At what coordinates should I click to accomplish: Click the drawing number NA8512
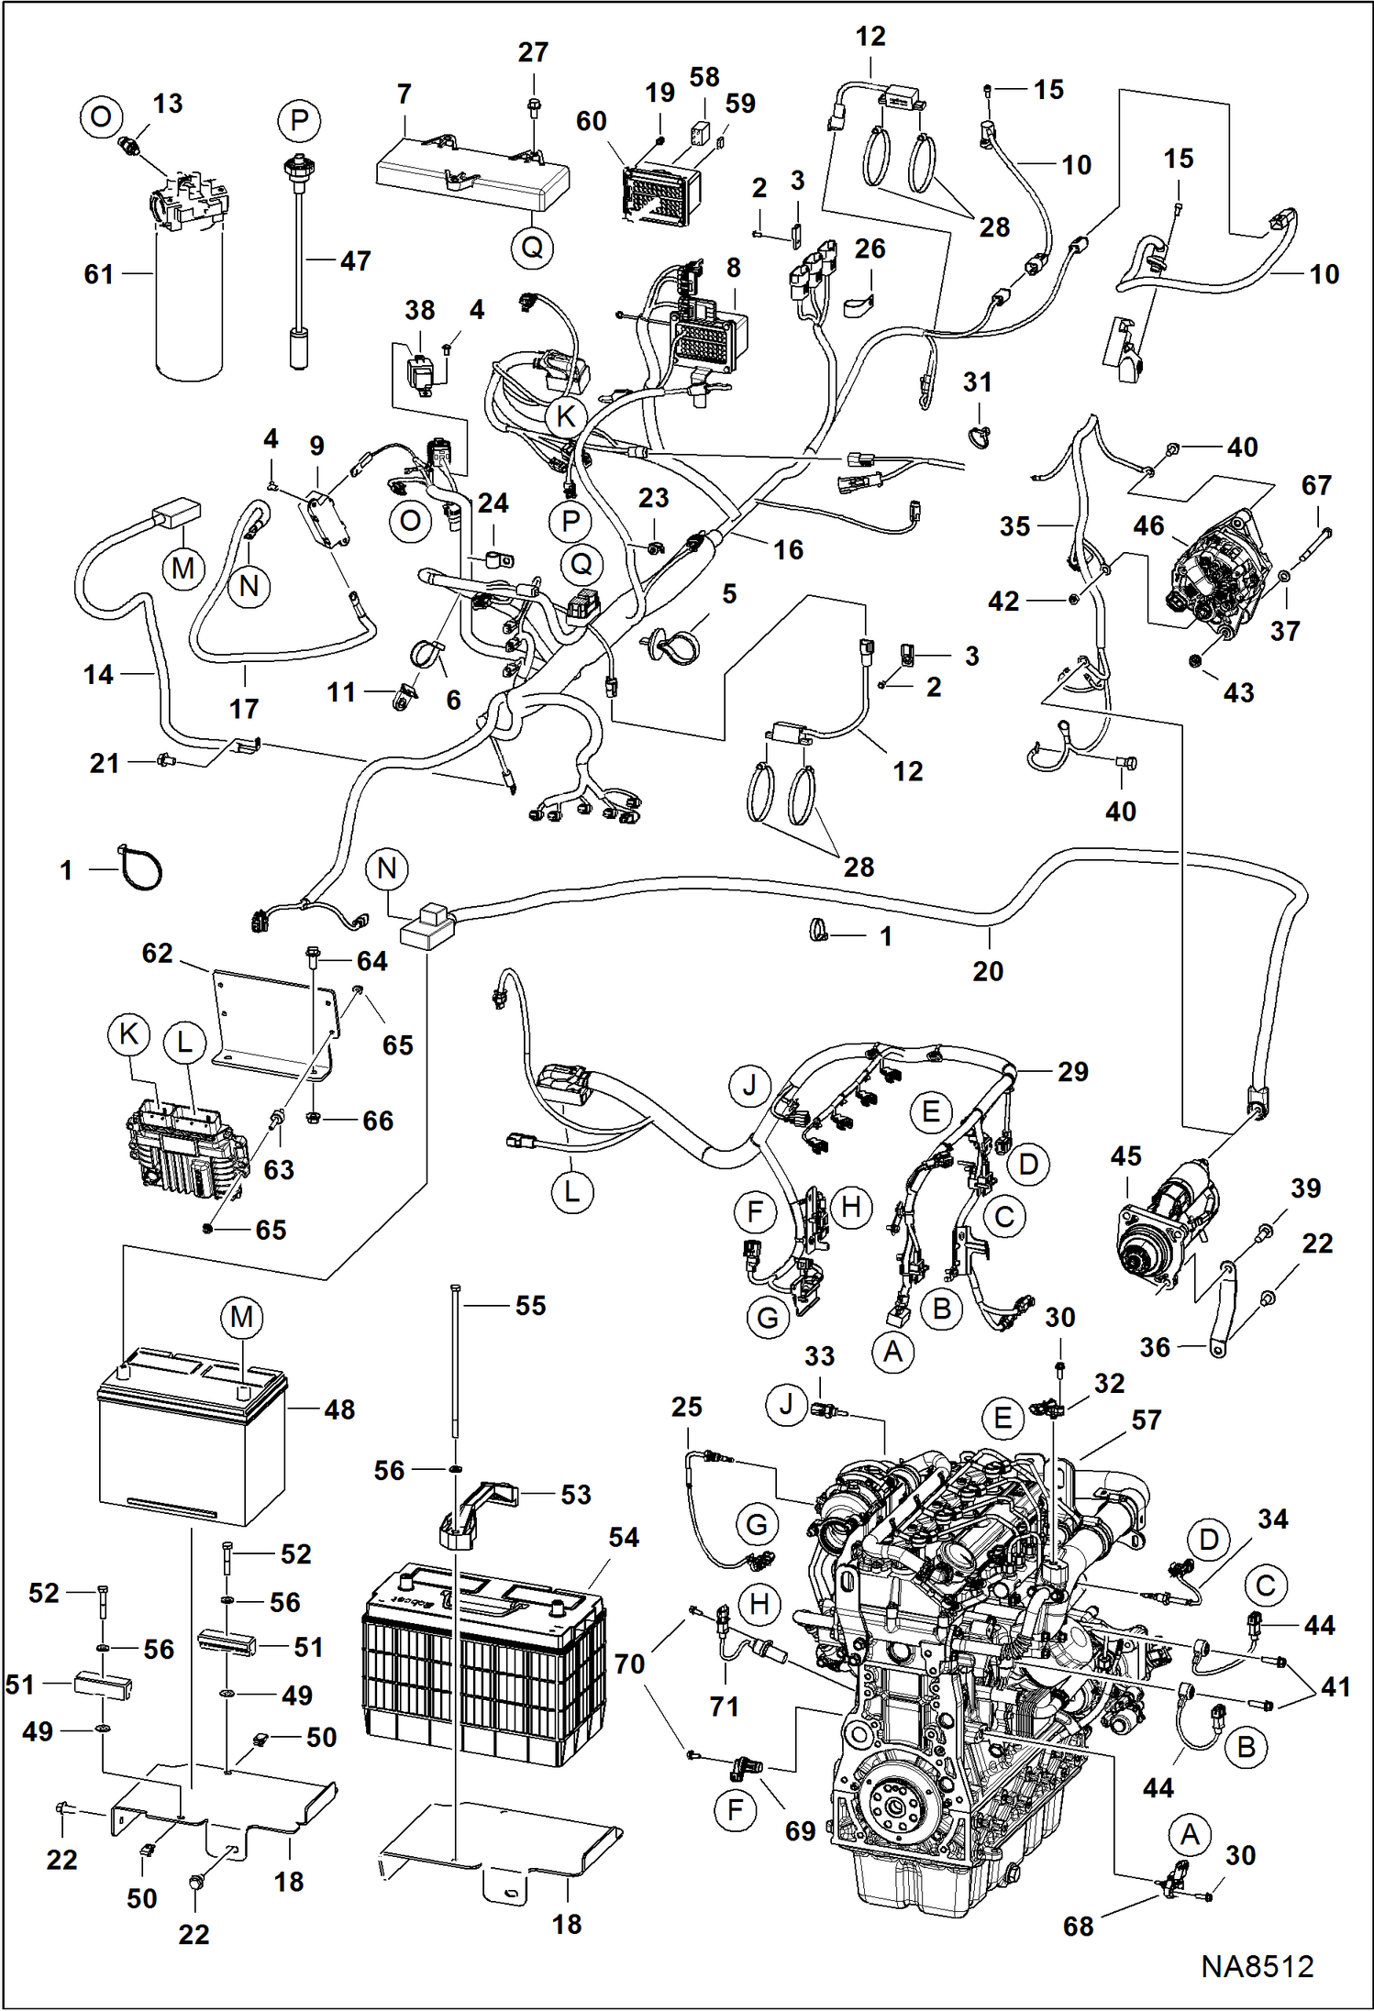coord(1258,1966)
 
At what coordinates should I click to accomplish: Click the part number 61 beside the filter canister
coord(98,273)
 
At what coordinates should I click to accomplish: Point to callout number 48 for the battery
coord(339,1409)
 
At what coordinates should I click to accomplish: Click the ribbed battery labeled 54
coord(484,1659)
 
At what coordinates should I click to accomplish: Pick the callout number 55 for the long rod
coord(531,1305)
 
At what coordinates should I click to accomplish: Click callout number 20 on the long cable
coord(988,971)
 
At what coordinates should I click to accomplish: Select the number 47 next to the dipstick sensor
coord(355,261)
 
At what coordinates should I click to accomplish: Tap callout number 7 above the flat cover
coord(404,94)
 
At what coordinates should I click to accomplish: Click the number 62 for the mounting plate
coord(157,953)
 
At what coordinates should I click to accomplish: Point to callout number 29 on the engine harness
coord(1072,1071)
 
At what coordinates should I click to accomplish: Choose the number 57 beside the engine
coord(1146,1420)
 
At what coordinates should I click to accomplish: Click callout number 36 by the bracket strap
coord(1155,1347)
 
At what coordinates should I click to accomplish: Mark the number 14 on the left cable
coord(98,674)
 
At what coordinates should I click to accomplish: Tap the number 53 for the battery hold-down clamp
coord(576,1494)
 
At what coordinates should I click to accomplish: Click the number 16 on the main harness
coord(788,549)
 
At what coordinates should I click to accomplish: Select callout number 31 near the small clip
coord(977,381)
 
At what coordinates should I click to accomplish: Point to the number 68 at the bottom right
coord(1079,1926)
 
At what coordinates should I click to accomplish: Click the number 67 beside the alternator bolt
coord(1316,485)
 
